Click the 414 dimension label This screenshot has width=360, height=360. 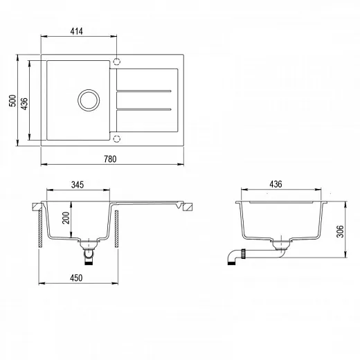click(76, 31)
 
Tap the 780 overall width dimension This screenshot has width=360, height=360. click(110, 159)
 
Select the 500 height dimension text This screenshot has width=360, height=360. click(12, 100)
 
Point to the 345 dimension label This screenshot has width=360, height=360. click(78, 185)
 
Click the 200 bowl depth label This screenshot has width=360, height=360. click(66, 218)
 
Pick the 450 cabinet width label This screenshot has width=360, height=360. click(76, 278)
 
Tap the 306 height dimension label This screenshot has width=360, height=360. click(340, 231)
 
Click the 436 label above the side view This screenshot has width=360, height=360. click(276, 184)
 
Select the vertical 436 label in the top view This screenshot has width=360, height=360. click(24, 104)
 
